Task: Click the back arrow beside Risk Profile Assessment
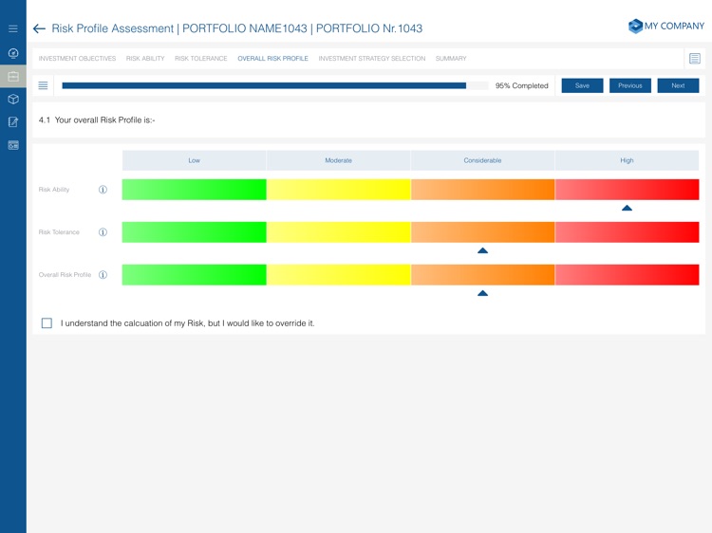pos(39,29)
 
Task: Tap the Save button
pos(582,85)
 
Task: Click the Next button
pos(678,85)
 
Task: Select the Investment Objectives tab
pos(77,59)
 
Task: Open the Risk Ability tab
pos(145,59)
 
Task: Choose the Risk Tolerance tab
pos(201,59)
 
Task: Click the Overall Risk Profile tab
pos(272,59)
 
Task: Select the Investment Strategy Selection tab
pos(372,59)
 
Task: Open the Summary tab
pos(451,59)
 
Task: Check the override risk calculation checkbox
pos(47,323)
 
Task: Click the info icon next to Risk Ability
pos(103,190)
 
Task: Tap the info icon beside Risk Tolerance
pos(103,232)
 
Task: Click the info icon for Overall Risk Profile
pos(103,275)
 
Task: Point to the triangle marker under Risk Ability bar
pos(627,208)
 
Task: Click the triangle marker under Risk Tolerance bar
pos(482,250)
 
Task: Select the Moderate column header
pos(338,160)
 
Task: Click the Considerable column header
pos(482,160)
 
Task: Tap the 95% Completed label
pos(522,85)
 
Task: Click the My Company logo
pos(666,27)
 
